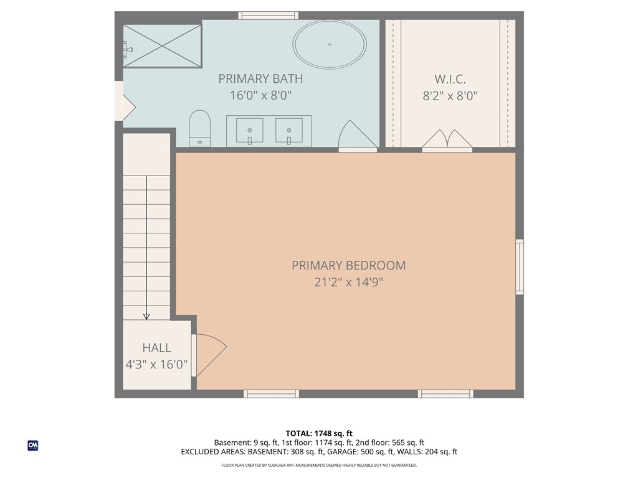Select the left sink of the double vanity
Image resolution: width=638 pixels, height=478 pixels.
coord(249,131)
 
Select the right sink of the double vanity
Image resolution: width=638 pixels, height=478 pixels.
coord(289,131)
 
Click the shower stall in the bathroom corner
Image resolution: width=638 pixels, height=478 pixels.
coord(163,45)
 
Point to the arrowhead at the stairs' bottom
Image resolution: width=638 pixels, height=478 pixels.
coord(146,316)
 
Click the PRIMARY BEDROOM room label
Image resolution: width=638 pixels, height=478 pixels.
coord(348,265)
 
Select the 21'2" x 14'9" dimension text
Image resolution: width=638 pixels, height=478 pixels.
coord(348,282)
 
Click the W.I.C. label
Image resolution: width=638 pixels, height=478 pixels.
coord(450,79)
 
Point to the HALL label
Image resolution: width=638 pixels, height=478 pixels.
coord(156,348)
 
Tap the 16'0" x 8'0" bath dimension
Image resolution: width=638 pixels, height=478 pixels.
coord(260,96)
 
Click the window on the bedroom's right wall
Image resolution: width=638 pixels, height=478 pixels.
coord(519,266)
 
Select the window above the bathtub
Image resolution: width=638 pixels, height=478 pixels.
coord(268,15)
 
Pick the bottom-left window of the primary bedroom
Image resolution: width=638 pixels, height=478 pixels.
coord(271,393)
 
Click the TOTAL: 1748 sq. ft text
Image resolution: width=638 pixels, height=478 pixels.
coord(319,433)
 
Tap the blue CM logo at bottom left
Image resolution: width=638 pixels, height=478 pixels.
coord(33,445)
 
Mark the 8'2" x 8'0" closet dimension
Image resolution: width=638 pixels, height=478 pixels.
coord(450,96)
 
